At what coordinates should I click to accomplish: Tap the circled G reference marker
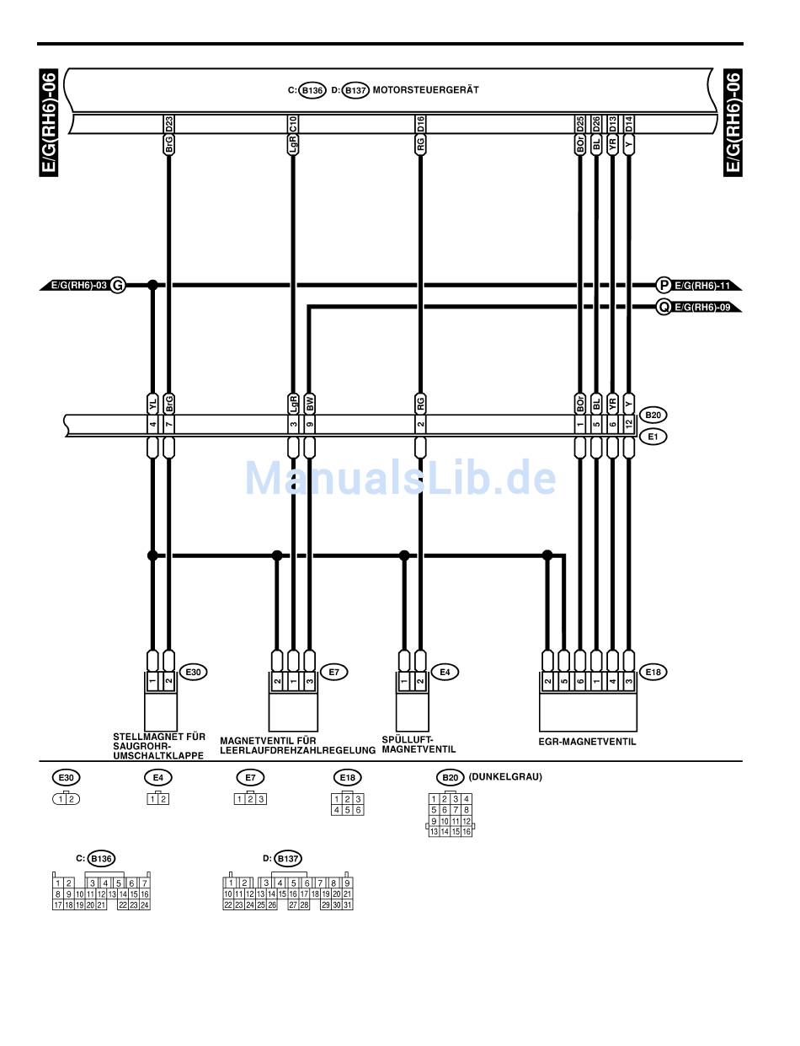tap(118, 286)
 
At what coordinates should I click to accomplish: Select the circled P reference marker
tap(664, 286)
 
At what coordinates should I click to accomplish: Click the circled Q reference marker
tap(664, 308)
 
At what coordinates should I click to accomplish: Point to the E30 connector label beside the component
tap(193, 672)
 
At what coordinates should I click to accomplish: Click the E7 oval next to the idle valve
tap(333, 672)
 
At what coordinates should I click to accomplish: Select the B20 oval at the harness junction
tap(653, 415)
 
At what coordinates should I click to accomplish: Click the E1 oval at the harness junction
tap(653, 437)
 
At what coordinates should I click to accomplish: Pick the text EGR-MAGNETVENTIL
tap(587, 742)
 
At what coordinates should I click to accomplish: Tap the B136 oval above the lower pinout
tap(101, 859)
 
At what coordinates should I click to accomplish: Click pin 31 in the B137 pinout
tap(347, 904)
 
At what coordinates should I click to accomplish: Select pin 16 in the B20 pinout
tap(467, 831)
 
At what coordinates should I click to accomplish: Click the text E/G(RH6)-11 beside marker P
tap(701, 286)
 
